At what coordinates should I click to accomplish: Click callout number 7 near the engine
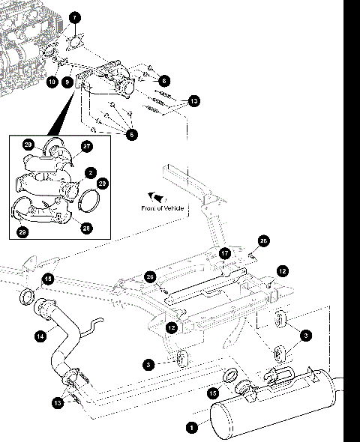click(75, 17)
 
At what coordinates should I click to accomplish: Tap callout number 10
click(52, 81)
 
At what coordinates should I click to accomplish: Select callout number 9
click(67, 81)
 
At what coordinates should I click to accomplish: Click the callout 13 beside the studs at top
click(194, 100)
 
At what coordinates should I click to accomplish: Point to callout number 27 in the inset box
click(86, 147)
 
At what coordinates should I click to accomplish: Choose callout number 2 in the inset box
click(90, 172)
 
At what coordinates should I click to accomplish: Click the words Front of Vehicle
click(162, 208)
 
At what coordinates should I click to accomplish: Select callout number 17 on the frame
click(224, 253)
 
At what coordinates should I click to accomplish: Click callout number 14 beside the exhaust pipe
click(40, 336)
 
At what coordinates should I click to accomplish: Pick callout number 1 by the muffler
click(192, 428)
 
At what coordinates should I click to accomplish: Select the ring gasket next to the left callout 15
click(25, 296)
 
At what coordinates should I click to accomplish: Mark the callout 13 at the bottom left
click(58, 403)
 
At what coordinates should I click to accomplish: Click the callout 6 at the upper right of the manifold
click(164, 79)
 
